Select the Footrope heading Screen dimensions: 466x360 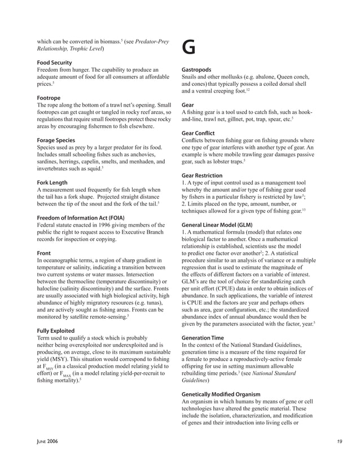(49, 98)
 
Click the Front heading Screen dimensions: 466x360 (43, 253)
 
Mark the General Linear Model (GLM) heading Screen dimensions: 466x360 (217, 225)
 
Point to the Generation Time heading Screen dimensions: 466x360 (204, 337)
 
